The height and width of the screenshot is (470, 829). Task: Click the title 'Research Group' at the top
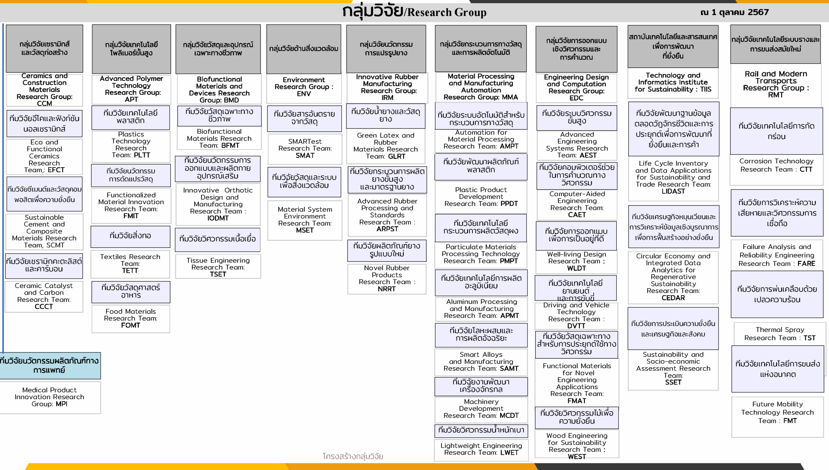[447, 12]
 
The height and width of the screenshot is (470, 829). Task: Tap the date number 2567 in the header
[758, 12]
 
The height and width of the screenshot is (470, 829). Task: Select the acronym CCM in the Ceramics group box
[44, 103]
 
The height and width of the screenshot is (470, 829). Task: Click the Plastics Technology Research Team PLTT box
[131, 146]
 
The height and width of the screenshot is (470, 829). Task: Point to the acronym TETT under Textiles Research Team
[130, 270]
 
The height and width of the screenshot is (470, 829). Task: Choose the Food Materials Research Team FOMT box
[131, 319]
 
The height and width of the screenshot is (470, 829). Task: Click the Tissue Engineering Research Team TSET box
[218, 267]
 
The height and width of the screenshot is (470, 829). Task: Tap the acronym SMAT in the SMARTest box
[305, 155]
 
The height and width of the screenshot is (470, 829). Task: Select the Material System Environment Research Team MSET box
[305, 220]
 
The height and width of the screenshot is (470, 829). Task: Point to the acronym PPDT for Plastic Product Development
[509, 204]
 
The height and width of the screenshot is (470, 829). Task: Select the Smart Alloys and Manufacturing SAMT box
[481, 362]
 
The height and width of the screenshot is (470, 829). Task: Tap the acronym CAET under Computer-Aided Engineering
[577, 215]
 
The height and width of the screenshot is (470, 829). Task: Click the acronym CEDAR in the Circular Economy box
[673, 298]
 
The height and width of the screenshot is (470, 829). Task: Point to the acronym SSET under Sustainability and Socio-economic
[673, 382]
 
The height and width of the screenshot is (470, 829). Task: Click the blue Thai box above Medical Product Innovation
[50, 366]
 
